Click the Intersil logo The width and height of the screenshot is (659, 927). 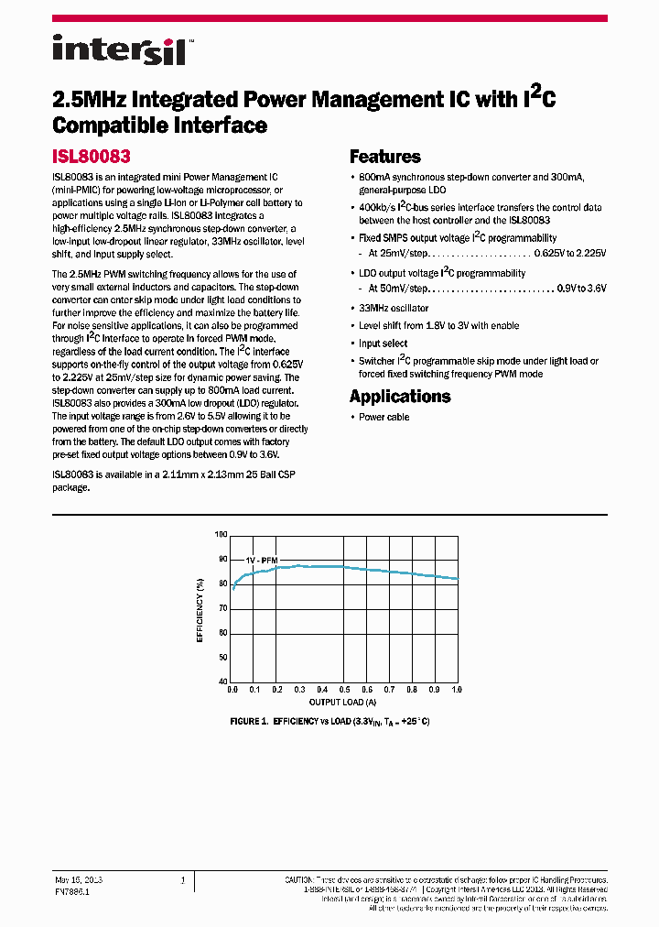(x=118, y=49)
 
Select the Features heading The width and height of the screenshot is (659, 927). (x=384, y=157)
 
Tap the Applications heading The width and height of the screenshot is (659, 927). (x=400, y=396)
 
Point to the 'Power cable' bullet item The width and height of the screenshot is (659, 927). (x=384, y=417)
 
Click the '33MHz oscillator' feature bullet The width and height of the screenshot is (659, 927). (x=394, y=308)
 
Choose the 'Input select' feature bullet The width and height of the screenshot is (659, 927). (x=383, y=344)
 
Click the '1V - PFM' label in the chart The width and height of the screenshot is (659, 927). (x=263, y=560)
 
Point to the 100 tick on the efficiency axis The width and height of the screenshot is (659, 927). (x=221, y=534)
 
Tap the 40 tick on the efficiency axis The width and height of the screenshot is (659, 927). (x=222, y=682)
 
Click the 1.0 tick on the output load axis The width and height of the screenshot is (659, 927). (x=457, y=690)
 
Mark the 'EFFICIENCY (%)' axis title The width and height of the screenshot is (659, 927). (x=200, y=608)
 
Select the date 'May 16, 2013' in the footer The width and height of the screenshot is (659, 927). (x=79, y=879)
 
